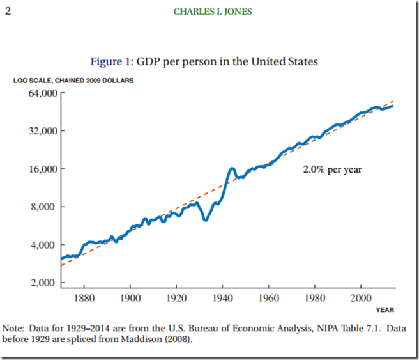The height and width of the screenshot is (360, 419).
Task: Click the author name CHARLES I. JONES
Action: pos(209,12)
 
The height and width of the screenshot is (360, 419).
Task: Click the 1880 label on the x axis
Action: pos(84,298)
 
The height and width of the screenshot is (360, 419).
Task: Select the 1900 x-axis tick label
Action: pos(130,298)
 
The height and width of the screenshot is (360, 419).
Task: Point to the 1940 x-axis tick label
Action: pos(222,298)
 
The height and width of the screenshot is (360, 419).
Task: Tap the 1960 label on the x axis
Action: pos(268,298)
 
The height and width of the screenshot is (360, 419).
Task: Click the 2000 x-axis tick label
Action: pos(360,298)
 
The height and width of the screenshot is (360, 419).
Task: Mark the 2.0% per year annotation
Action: pos(332,170)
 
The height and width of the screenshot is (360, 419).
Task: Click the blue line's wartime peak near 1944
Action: pos(232,168)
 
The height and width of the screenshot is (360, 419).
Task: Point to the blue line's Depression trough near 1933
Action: pos(206,220)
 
